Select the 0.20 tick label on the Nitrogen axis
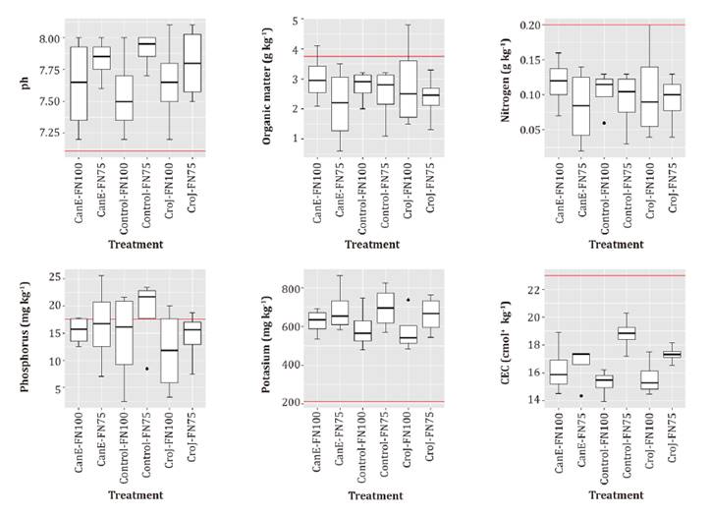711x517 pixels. tap(523, 25)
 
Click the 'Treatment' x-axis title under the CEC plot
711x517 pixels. tap(616, 496)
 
